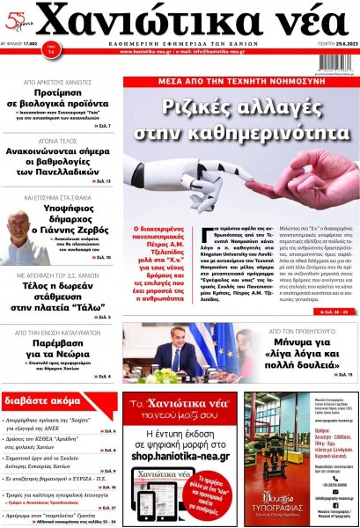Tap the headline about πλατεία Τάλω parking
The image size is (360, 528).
(59, 298)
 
